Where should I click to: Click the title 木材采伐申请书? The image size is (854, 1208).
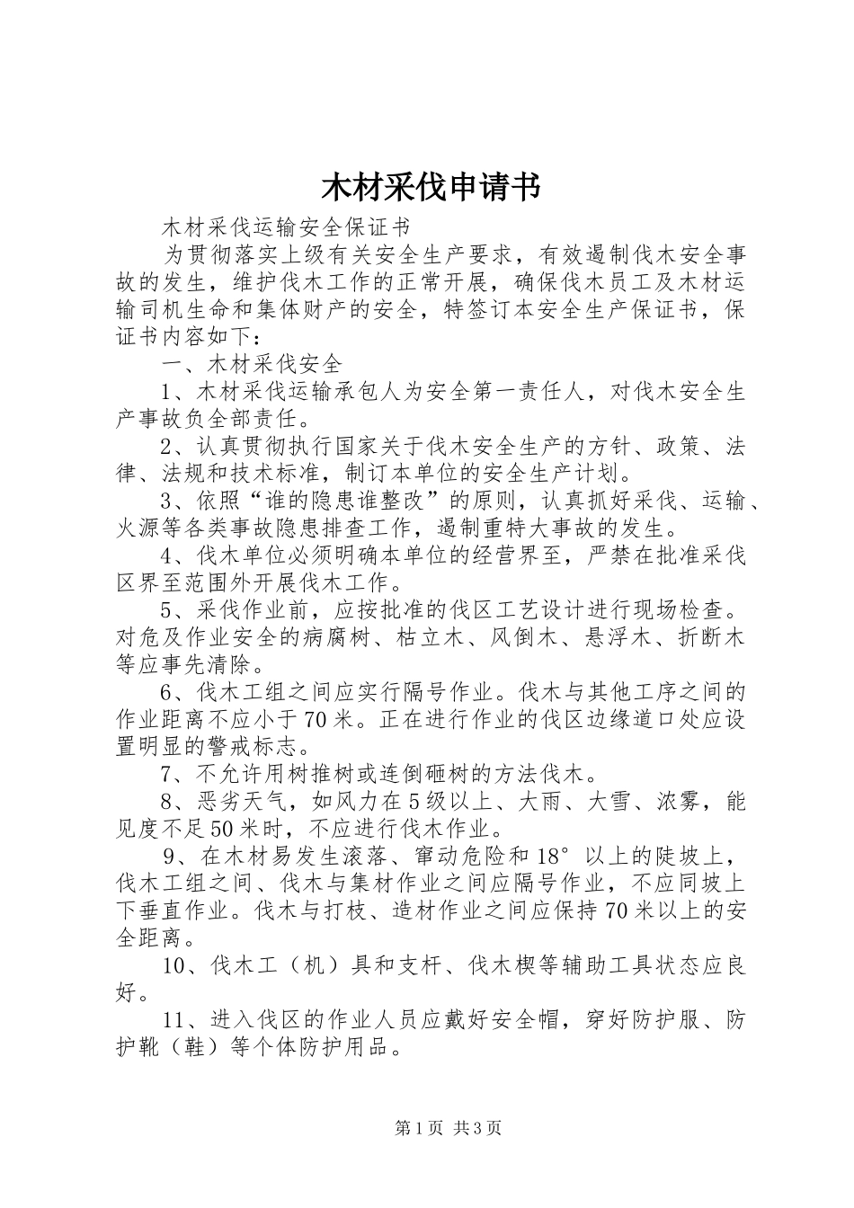[431, 188]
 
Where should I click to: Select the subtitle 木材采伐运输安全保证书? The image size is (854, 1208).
[285, 226]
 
